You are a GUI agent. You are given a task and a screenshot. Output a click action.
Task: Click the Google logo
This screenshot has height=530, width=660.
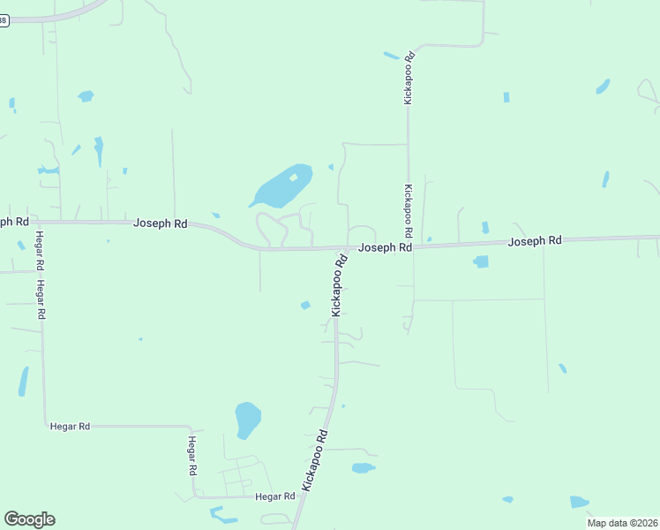pyautogui.click(x=29, y=519)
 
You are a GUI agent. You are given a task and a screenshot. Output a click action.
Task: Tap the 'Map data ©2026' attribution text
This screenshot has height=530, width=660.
pyautogui.click(x=622, y=523)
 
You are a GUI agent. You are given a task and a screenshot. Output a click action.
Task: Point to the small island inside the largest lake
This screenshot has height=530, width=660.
pyautogui.click(x=293, y=178)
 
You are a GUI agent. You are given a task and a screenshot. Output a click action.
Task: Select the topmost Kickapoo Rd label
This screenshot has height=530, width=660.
pyautogui.click(x=409, y=79)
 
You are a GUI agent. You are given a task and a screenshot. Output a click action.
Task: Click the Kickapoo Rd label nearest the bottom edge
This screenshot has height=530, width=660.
pyautogui.click(x=315, y=459)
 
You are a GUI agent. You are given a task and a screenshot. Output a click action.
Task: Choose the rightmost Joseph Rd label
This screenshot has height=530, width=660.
pyautogui.click(x=536, y=240)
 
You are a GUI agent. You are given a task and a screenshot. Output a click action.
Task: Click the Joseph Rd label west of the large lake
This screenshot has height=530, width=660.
pyautogui.click(x=160, y=223)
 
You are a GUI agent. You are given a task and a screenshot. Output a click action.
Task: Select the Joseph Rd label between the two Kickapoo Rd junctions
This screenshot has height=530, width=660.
pyautogui.click(x=386, y=248)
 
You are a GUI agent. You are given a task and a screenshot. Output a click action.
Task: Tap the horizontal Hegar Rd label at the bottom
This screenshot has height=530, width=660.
pyautogui.click(x=274, y=496)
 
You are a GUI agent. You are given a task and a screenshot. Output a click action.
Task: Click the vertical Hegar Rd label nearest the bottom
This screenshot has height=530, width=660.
pyautogui.click(x=191, y=456)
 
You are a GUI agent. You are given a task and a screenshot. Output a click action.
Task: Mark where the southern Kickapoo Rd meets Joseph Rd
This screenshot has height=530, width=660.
pyautogui.click(x=347, y=249)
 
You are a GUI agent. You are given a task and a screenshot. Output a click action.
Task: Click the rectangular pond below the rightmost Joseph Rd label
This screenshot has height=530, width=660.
pyautogui.click(x=481, y=261)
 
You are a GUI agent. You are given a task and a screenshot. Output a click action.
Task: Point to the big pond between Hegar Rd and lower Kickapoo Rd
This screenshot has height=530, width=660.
pyautogui.click(x=248, y=419)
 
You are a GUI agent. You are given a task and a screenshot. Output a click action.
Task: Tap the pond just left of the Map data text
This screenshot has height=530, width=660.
pyautogui.click(x=579, y=502)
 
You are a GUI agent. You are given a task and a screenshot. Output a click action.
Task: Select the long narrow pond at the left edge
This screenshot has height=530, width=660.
pyautogui.click(x=23, y=382)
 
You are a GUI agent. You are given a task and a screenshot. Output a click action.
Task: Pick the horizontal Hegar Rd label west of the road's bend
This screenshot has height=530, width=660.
pyautogui.click(x=71, y=426)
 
